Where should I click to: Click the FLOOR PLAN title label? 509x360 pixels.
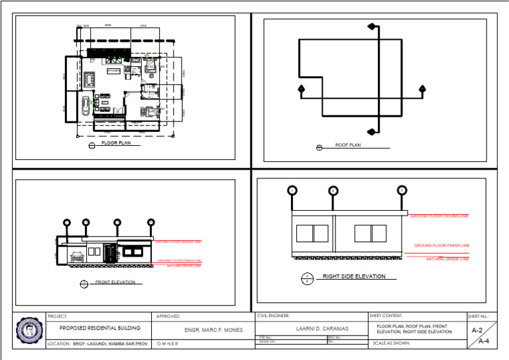(120, 143)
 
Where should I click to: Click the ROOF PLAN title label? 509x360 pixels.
(348, 145)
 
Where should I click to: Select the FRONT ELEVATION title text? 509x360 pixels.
(115, 282)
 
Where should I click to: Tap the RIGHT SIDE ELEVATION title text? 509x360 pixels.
(354, 276)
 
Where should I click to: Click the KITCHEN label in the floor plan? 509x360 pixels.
(114, 70)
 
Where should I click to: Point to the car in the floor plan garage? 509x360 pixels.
(85, 105)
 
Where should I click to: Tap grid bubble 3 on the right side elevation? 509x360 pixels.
(402, 190)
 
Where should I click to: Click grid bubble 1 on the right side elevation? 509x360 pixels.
(292, 191)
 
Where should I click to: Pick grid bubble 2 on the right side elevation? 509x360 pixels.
(333, 191)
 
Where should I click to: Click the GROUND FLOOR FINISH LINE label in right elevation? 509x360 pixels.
(441, 245)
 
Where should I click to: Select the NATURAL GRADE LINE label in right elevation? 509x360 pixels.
(447, 259)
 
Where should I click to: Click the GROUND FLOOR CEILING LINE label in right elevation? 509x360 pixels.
(439, 216)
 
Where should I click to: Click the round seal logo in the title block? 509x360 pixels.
(29, 329)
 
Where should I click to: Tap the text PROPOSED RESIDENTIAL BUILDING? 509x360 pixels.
(100, 328)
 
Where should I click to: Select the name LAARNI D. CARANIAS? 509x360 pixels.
(311, 328)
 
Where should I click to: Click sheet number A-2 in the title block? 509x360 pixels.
(477, 330)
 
